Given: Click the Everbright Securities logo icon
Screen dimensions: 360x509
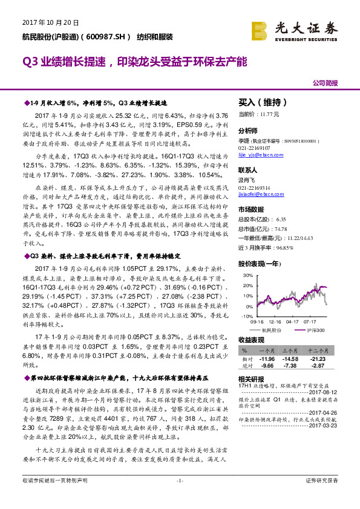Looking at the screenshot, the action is pyautogui.click(x=260, y=30).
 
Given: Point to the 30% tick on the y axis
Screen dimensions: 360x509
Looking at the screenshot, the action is pyautogui.click(x=247, y=274).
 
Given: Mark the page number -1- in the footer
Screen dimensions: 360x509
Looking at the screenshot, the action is pyautogui.click(x=180, y=498).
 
